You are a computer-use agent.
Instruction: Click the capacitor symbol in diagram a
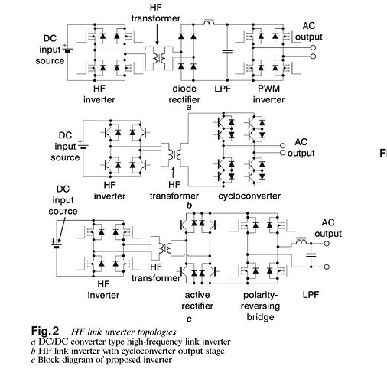[x=227, y=52]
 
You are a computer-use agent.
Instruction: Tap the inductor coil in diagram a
[x=209, y=21]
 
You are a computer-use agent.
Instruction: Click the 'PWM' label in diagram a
[x=268, y=89]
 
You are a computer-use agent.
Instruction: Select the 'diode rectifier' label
[x=184, y=94]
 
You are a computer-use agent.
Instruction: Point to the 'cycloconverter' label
[x=249, y=196]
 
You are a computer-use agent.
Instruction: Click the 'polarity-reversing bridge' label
[x=260, y=306]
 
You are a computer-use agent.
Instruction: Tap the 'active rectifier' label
[x=197, y=300]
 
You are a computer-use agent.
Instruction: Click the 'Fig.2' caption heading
[x=45, y=331]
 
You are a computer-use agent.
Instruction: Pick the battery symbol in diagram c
[x=56, y=244]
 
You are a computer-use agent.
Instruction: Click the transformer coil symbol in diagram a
[x=159, y=58]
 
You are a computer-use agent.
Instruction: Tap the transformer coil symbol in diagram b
[x=174, y=154]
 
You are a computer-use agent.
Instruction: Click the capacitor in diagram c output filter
[x=311, y=255]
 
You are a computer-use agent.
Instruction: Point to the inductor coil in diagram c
[x=301, y=241]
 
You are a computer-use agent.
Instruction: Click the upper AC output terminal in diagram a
[x=314, y=47]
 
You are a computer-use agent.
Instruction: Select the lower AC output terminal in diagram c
[x=327, y=267]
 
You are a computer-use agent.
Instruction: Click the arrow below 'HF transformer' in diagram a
[x=157, y=34]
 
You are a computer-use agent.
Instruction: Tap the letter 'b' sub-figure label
[x=189, y=206]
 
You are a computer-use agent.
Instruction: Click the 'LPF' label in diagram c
[x=311, y=295]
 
